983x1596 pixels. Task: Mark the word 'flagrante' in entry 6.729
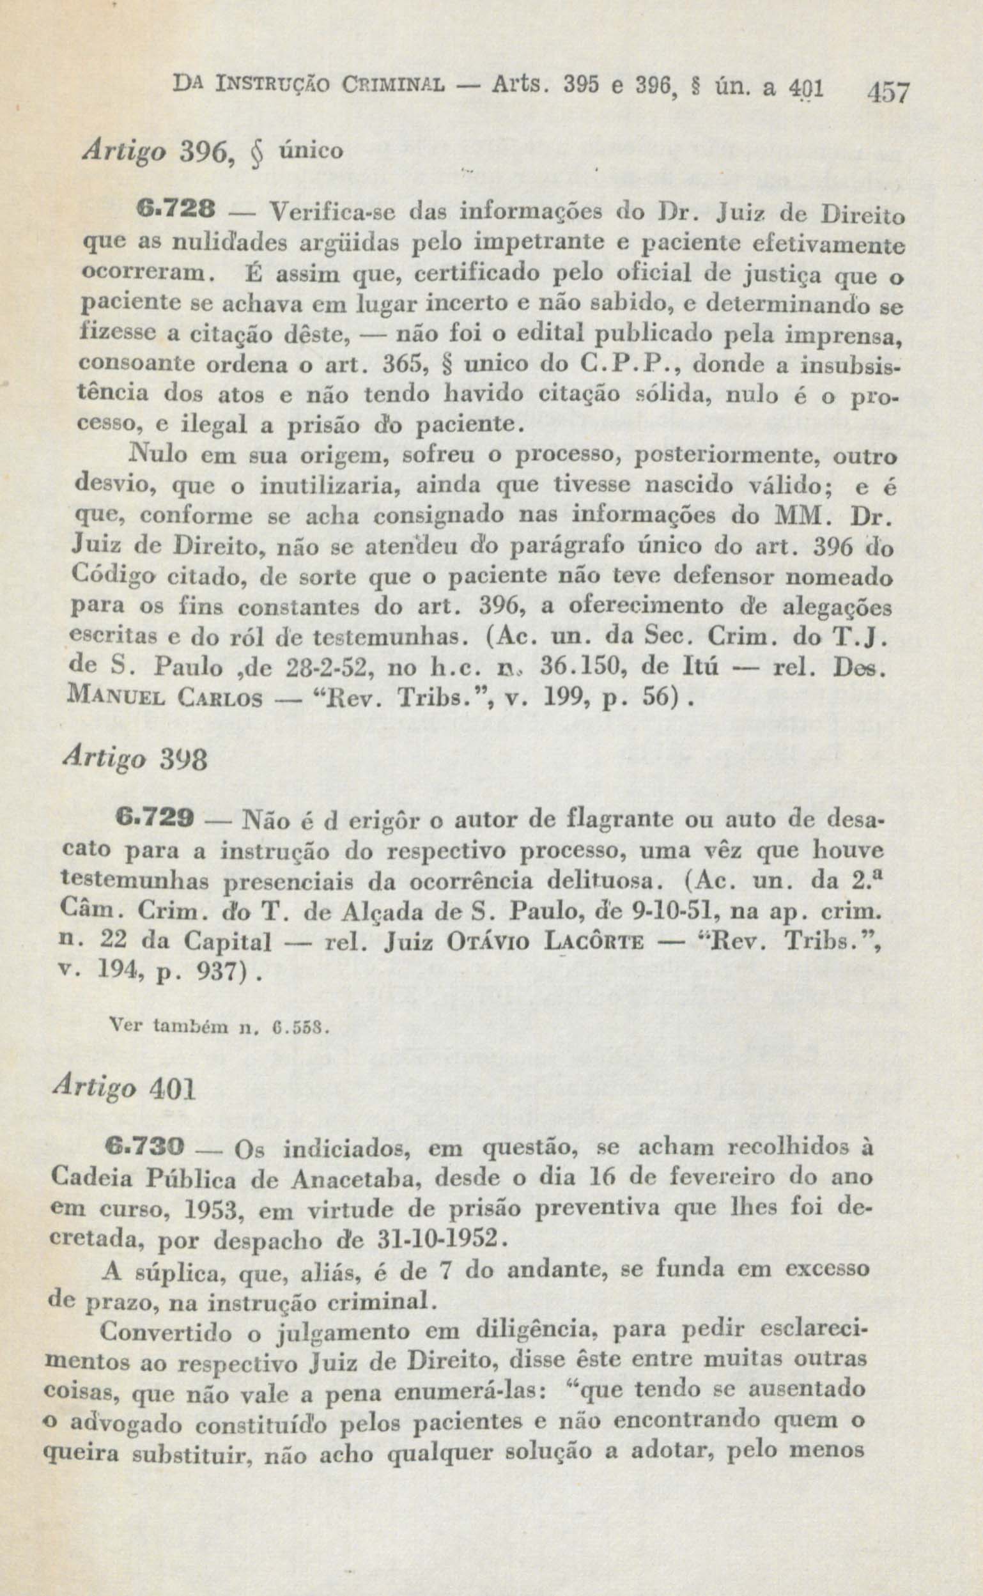[x=610, y=821]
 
